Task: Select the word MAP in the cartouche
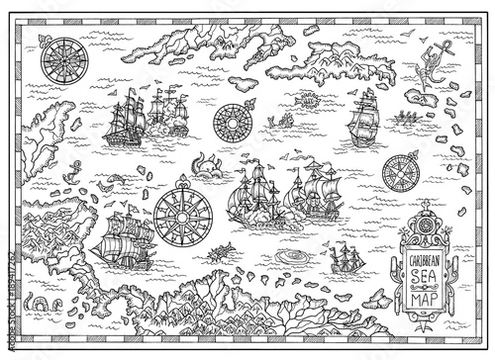coord(409,295)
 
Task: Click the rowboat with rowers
coord(404,123)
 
